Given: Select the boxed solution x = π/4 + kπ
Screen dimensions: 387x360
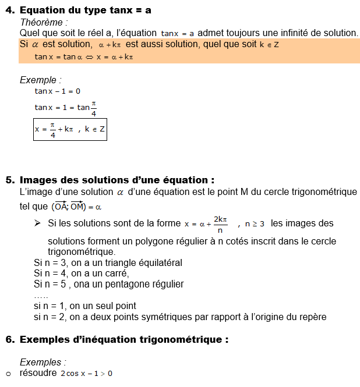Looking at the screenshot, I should [70, 129].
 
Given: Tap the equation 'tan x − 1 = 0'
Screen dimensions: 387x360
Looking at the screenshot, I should [58, 91].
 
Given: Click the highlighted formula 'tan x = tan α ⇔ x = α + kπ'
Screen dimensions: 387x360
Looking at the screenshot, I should [84, 57].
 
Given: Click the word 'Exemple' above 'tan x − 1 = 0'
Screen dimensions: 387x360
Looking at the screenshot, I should [40, 80].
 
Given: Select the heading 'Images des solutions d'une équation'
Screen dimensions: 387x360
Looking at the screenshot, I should [117, 180].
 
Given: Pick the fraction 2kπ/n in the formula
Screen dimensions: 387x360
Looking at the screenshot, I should [220, 224].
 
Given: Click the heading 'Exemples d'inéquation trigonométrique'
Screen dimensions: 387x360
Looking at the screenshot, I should [123, 339].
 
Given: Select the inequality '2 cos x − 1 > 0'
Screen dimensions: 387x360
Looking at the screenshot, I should [86, 373].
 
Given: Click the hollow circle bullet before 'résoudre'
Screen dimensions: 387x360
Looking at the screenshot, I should [9, 374].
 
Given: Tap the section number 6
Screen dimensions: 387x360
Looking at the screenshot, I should [9, 339].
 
